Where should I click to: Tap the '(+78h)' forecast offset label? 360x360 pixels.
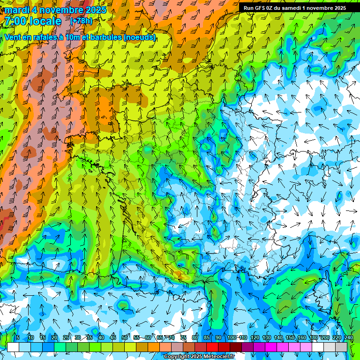coord(81,21)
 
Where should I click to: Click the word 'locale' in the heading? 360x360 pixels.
coord(45,21)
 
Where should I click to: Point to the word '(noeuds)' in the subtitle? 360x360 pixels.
coord(140,37)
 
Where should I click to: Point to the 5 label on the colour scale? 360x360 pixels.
coord(18,338)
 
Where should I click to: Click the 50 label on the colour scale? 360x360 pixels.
coord(125,338)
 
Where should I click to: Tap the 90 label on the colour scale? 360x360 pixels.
coord(218,338)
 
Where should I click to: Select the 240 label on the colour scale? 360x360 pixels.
coord(348,338)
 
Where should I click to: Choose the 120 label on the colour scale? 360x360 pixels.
coord(255,338)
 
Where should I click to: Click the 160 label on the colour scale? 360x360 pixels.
coord(301,338)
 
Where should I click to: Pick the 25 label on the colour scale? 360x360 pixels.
coord(66,338)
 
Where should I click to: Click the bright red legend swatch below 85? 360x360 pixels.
coord(212,347)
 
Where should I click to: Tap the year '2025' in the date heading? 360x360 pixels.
coord(93,9)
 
